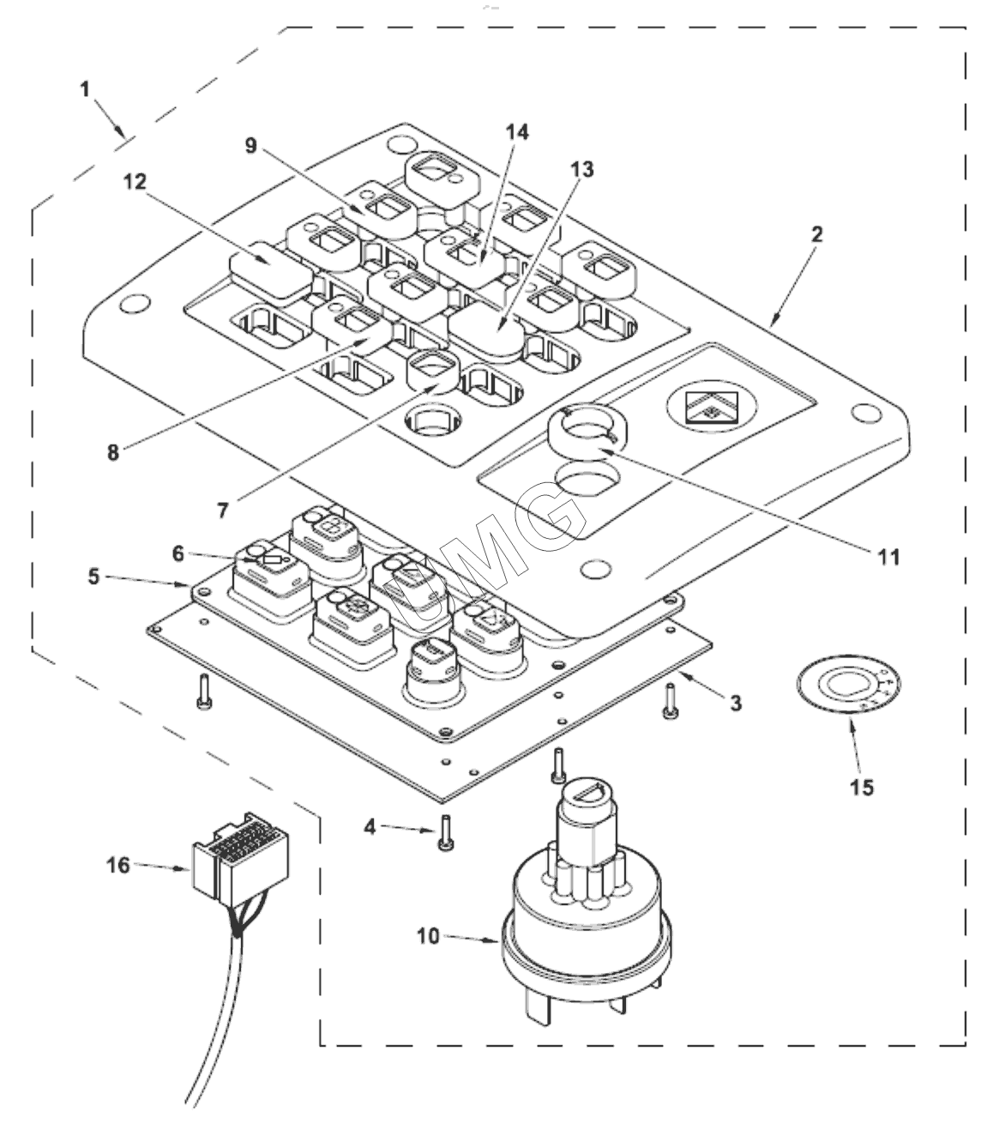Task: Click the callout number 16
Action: [118, 865]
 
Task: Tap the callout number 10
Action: [428, 935]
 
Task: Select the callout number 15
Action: [864, 786]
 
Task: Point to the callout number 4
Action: [369, 828]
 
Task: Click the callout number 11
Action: [888, 557]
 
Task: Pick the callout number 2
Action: [816, 234]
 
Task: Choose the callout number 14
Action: [517, 131]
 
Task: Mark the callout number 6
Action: [178, 553]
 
